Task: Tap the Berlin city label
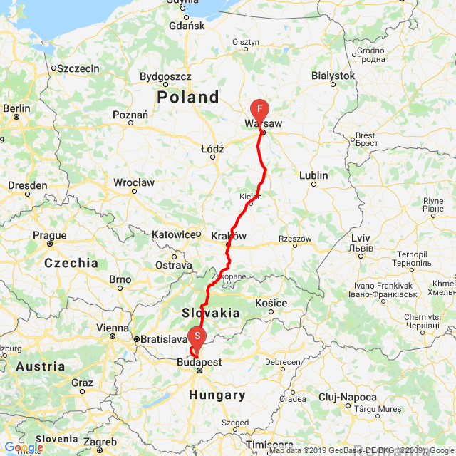point(16,108)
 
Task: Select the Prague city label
point(50,235)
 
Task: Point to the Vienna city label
point(113,328)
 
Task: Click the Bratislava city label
point(163,339)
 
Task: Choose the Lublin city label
point(313,175)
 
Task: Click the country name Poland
point(188,97)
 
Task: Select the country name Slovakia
point(211,312)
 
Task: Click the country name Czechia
point(71,263)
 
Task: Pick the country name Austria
point(40,366)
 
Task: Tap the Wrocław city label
point(133,182)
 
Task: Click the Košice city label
point(271,304)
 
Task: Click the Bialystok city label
point(333,76)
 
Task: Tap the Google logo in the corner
point(24,448)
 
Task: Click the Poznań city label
point(130,115)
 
